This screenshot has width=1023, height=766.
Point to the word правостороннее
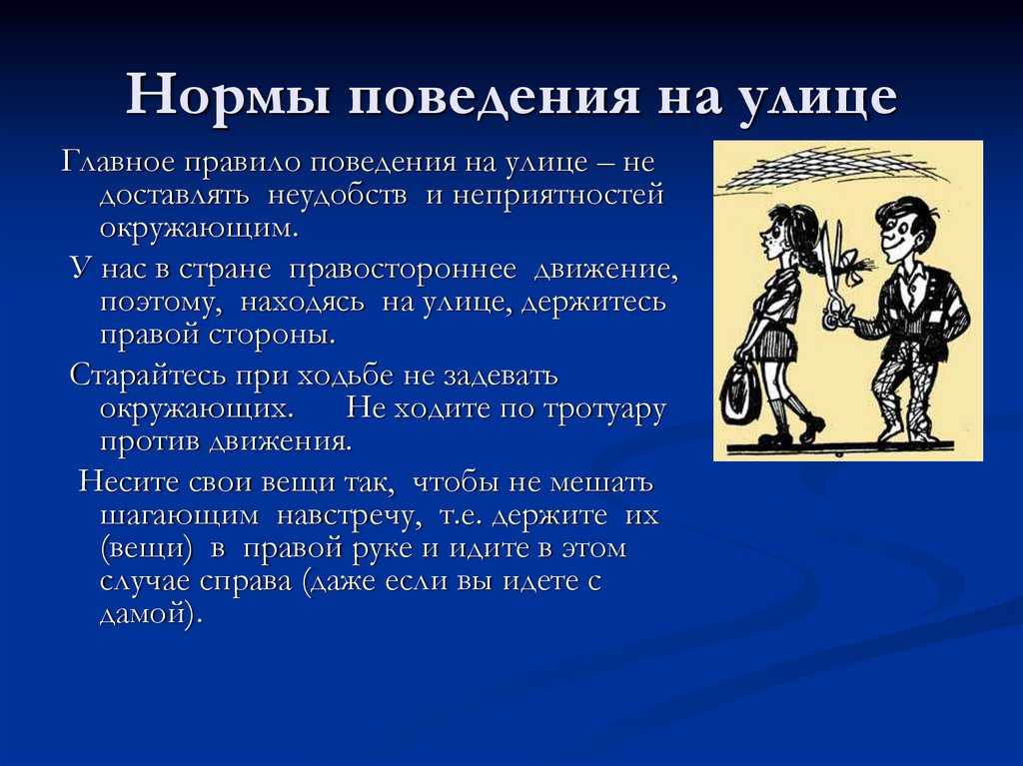[x=402, y=270]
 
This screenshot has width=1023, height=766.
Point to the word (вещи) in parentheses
[x=148, y=548]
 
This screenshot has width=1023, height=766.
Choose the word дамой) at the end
[x=148, y=614]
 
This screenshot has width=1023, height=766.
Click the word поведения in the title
[x=494, y=97]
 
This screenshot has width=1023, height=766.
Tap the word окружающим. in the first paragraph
[x=199, y=229]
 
